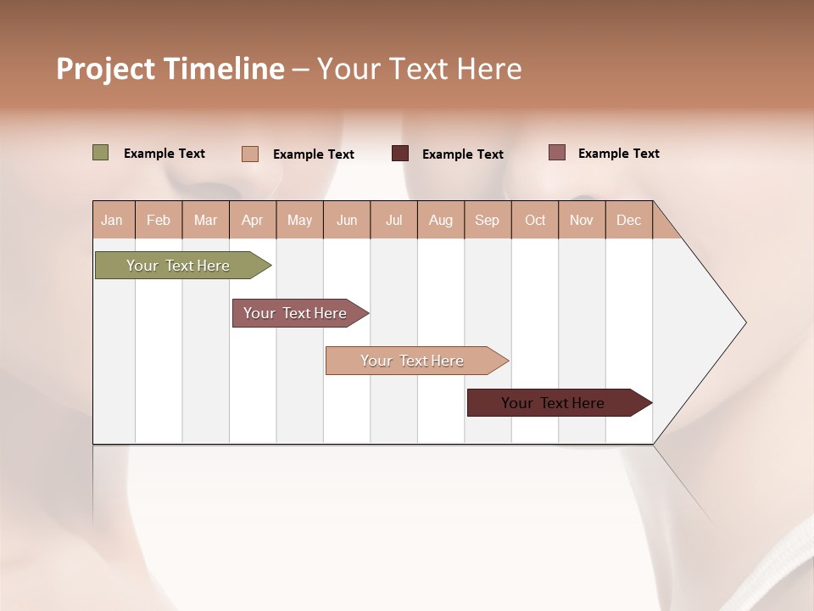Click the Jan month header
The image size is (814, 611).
[x=113, y=220]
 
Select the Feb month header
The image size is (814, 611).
[x=159, y=220]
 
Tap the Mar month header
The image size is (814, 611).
[x=205, y=220]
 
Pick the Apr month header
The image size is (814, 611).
[x=253, y=220]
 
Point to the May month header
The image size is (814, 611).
[x=299, y=220]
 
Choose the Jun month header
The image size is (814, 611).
[x=347, y=220]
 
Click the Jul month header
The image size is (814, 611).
[x=393, y=220]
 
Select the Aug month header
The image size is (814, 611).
[x=441, y=220]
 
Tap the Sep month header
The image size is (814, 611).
[x=488, y=220]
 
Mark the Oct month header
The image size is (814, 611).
[x=535, y=220]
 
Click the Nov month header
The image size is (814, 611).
[x=582, y=220]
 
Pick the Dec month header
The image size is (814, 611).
[x=629, y=220]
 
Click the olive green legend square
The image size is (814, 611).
[x=101, y=153]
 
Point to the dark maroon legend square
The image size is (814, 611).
[x=400, y=154]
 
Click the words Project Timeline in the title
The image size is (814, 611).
[x=170, y=69]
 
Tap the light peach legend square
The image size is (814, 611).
[x=250, y=154]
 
